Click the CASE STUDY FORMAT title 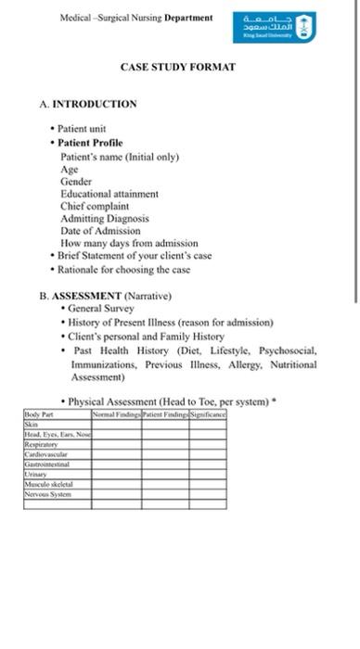(x=178, y=67)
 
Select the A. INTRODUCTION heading (x=88, y=104)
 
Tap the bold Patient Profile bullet (x=90, y=143)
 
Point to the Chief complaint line (x=95, y=206)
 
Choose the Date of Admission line (x=100, y=230)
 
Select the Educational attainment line (x=109, y=194)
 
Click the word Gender (x=76, y=182)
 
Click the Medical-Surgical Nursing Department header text (x=135, y=18)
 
